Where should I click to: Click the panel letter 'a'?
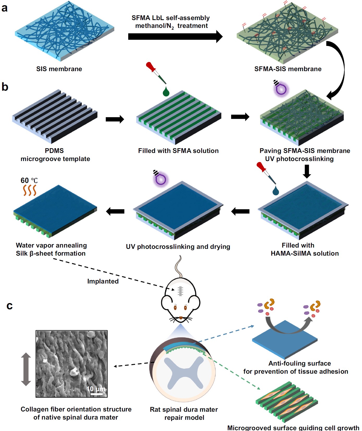(4, 8)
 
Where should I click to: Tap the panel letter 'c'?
(10, 306)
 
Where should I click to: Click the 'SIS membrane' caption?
(59, 69)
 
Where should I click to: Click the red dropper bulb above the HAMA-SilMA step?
(260, 166)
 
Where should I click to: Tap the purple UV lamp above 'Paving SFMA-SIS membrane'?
(281, 89)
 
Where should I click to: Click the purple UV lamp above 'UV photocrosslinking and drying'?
(161, 179)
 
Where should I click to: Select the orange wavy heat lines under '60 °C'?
(29, 190)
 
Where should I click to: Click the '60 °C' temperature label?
(29, 180)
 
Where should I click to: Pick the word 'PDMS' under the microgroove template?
(54, 151)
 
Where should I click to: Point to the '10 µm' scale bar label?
(96, 389)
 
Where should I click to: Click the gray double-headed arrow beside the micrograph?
(26, 369)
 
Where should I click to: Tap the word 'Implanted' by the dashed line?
(103, 281)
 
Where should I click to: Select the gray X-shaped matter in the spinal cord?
(184, 372)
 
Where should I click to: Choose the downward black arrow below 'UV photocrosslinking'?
(307, 171)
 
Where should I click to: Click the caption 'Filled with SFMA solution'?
(178, 151)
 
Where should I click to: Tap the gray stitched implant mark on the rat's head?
(180, 291)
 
